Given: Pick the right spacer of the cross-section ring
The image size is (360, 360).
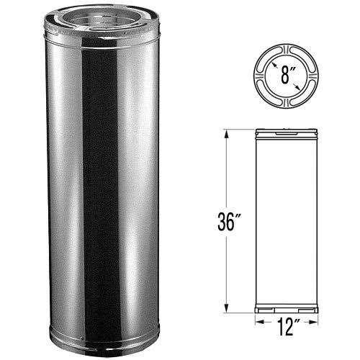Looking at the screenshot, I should click(312, 76).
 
